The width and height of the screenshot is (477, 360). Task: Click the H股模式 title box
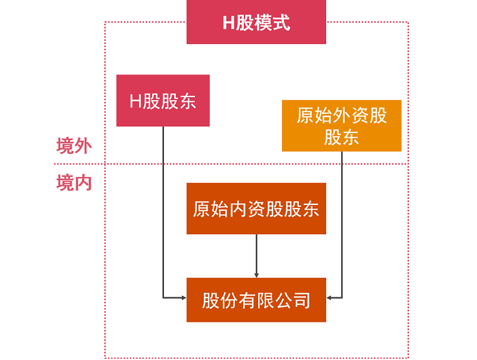pyautogui.click(x=256, y=22)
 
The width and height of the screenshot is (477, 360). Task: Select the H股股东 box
pyautogui.click(x=163, y=100)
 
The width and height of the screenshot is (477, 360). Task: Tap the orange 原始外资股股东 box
pyautogui.click(x=342, y=125)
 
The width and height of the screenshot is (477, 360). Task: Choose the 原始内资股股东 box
pyautogui.click(x=256, y=209)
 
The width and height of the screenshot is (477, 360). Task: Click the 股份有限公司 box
pyautogui.click(x=256, y=300)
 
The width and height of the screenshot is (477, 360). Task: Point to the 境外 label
pyautogui.click(x=74, y=146)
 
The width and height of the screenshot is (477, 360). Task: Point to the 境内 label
pyautogui.click(x=74, y=182)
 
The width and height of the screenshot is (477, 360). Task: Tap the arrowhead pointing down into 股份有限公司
pyautogui.click(x=256, y=274)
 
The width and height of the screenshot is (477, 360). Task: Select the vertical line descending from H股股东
pyautogui.click(x=163, y=209)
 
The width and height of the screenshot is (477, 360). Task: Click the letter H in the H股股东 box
pyautogui.click(x=136, y=101)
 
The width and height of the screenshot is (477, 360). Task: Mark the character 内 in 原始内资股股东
pyautogui.click(x=238, y=209)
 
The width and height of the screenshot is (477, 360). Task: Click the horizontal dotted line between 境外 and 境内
pyautogui.click(x=238, y=164)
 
